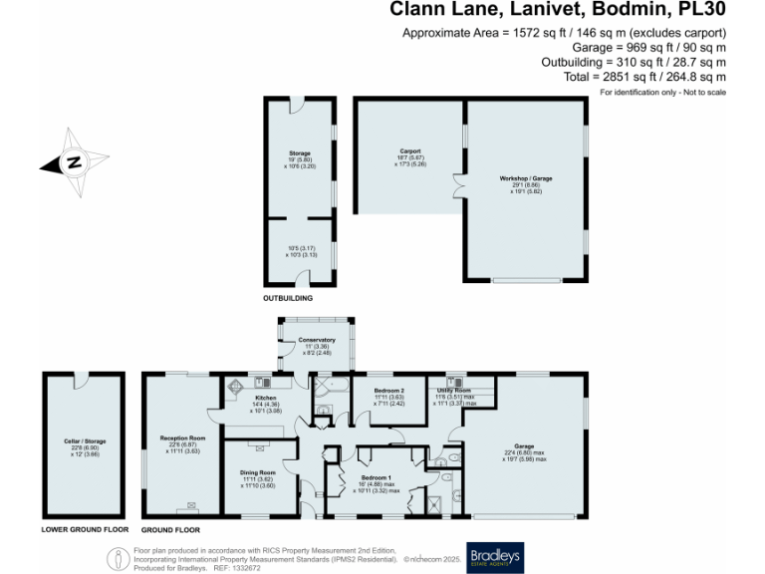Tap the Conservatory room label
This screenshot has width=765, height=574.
tap(316, 340)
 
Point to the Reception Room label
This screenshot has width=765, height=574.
tap(182, 437)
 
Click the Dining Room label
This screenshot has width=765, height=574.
tap(257, 473)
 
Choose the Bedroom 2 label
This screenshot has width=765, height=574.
tap(388, 390)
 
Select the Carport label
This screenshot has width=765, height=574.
tap(410, 150)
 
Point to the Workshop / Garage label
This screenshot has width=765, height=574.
tap(526, 178)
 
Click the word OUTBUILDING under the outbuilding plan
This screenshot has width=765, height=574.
tap(288, 298)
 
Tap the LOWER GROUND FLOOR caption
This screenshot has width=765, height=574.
tap(86, 530)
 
